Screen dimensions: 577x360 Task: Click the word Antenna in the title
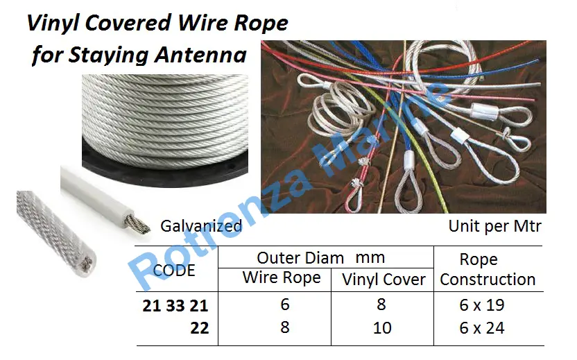pyautogui.click(x=200, y=55)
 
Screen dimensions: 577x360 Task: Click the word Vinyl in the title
pyautogui.click(x=53, y=24)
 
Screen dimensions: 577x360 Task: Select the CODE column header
pyautogui.click(x=173, y=271)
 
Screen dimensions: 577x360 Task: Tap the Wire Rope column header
pyautogui.click(x=282, y=278)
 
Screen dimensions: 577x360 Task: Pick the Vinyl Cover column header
pyautogui.click(x=384, y=280)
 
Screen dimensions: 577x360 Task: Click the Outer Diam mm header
pyautogui.click(x=321, y=257)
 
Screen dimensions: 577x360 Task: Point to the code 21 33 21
pyautogui.click(x=175, y=306)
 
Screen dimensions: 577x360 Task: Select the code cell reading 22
pyautogui.click(x=200, y=328)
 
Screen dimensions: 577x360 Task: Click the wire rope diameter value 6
pyautogui.click(x=285, y=305)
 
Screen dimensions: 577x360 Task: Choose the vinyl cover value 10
pyautogui.click(x=382, y=328)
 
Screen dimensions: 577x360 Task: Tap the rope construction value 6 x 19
pyautogui.click(x=482, y=305)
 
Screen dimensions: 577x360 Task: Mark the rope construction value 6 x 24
pyautogui.click(x=482, y=328)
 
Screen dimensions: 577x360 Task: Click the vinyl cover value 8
pyautogui.click(x=381, y=305)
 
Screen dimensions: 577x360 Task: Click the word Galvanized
pyautogui.click(x=201, y=226)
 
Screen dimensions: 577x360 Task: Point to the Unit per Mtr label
pyautogui.click(x=494, y=226)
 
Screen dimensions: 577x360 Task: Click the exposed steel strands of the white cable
pyautogui.click(x=137, y=224)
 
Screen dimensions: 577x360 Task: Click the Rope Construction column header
pyautogui.click(x=488, y=269)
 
